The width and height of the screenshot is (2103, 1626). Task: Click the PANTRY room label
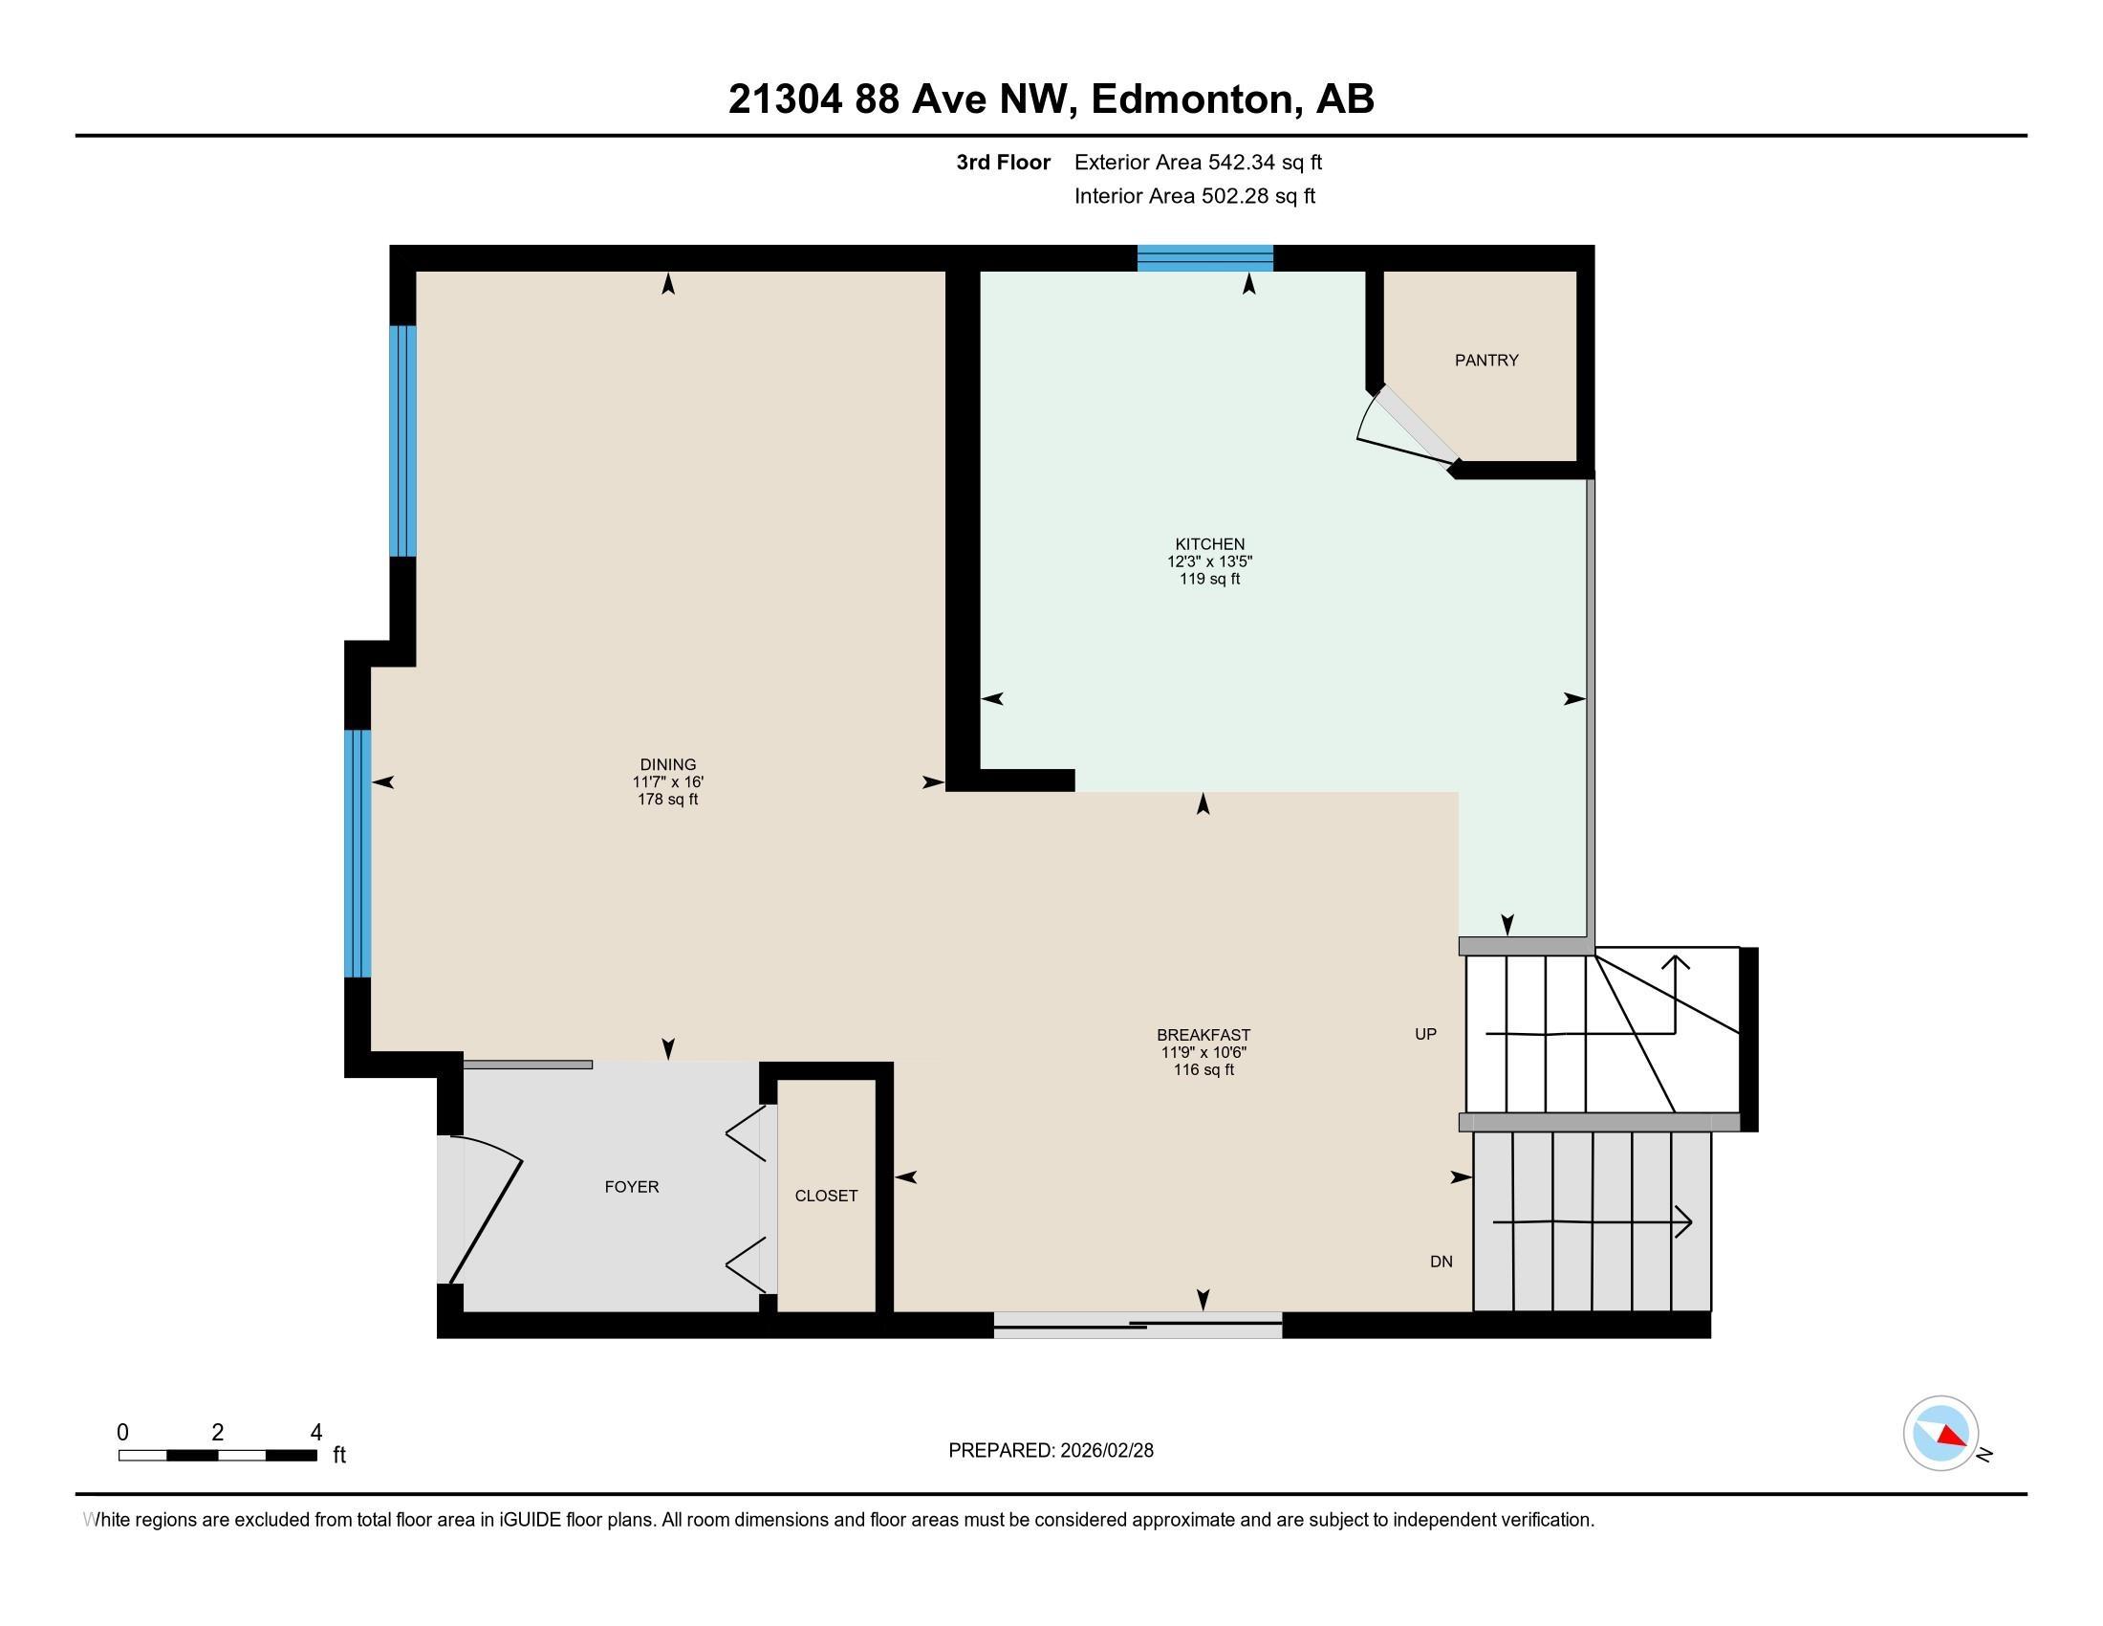point(1485,361)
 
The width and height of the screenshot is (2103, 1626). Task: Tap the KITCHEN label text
point(1209,544)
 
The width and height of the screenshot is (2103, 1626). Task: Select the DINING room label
point(667,765)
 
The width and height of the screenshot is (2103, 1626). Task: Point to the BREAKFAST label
point(1203,1036)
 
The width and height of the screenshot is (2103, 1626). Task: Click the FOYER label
point(632,1187)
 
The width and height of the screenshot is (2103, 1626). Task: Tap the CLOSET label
point(825,1196)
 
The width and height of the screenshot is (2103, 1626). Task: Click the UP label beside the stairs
point(1425,1035)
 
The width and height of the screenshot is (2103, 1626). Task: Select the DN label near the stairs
point(1441,1262)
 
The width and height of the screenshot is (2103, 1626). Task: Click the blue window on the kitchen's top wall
point(1204,258)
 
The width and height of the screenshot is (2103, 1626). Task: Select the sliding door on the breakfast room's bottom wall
point(1138,1326)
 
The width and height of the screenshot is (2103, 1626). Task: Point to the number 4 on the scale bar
point(315,1433)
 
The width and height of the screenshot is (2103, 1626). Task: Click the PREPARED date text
point(1051,1451)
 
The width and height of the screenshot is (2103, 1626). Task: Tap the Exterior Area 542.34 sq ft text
point(1198,163)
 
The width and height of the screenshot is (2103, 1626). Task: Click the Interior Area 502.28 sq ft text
point(1194,196)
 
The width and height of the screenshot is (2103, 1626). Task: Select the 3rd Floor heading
point(1003,163)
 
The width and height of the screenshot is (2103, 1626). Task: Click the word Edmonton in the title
point(1191,99)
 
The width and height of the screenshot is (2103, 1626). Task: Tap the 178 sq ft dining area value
point(667,800)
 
